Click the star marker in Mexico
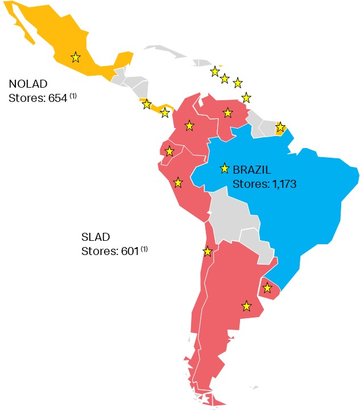tap(75, 57)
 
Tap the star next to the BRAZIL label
tap(225, 168)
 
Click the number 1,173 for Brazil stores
tap(279, 184)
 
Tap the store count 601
tap(129, 251)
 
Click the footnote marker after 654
tap(73, 96)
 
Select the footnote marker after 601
tap(144, 249)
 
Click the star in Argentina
tap(246, 306)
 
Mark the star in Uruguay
tap(267, 288)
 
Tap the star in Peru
tap(178, 182)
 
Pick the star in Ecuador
tap(169, 151)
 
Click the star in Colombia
tap(189, 125)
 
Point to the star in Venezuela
tap(227, 113)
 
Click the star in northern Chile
tap(208, 251)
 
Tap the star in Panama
tap(164, 113)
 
